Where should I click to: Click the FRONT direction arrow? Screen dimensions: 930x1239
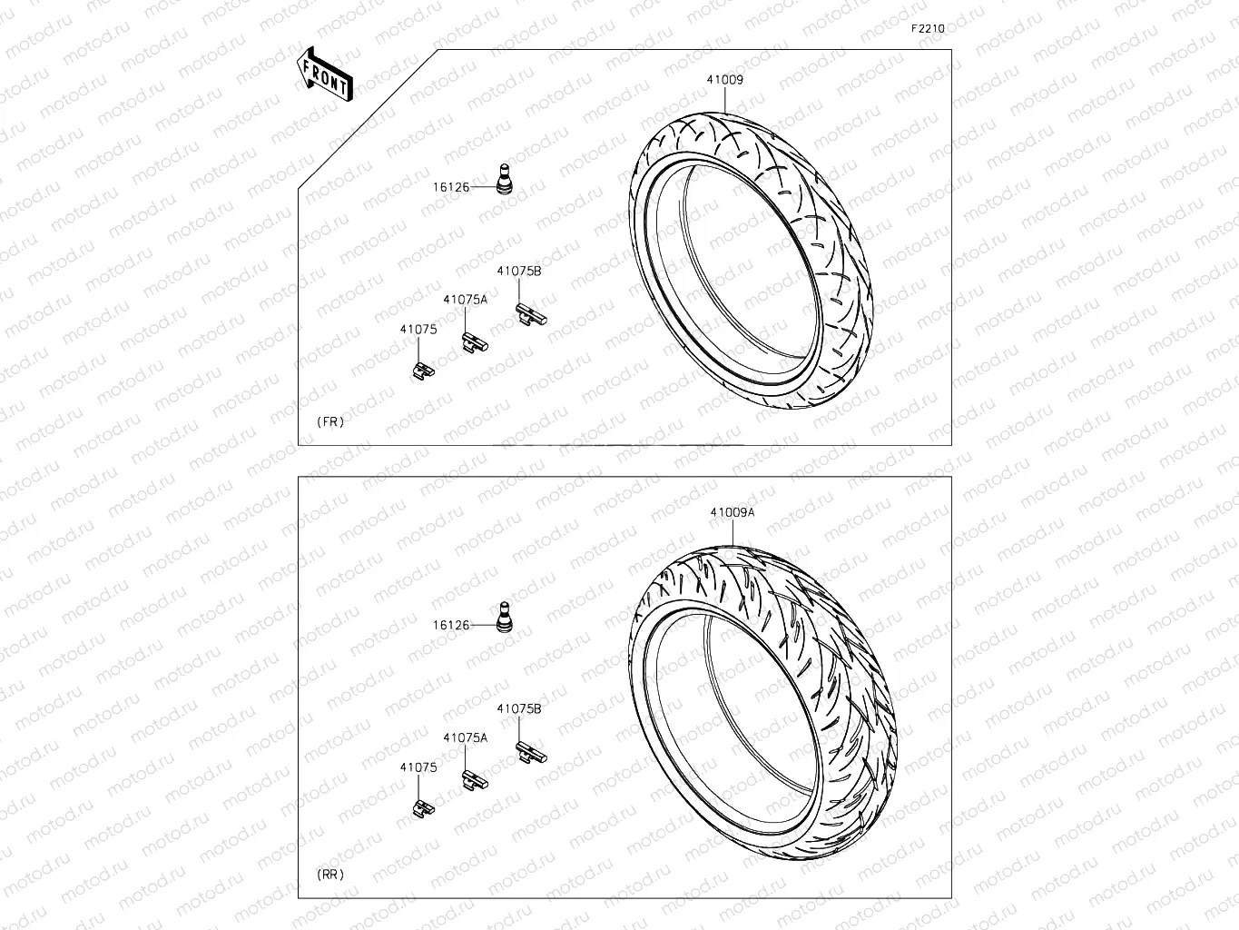tap(324, 74)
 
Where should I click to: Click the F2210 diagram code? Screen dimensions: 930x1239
tap(928, 28)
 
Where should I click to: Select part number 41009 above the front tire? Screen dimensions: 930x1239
tap(725, 80)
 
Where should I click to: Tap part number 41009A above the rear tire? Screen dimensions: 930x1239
tap(733, 512)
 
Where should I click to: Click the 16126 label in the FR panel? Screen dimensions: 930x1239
tap(450, 187)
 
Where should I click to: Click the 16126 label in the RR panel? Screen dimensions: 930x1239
tap(450, 625)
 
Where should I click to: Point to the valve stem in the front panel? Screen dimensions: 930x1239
tap(502, 178)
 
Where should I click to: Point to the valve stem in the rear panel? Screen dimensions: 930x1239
tap(502, 615)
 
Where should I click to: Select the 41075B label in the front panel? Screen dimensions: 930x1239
tap(518, 271)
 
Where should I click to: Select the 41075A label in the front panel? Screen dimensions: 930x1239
tap(465, 299)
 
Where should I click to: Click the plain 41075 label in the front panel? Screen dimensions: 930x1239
tap(418, 330)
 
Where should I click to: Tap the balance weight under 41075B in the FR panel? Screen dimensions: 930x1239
tap(530, 313)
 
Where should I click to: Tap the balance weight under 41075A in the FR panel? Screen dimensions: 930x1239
tap(475, 342)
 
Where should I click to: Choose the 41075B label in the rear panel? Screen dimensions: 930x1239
tap(518, 708)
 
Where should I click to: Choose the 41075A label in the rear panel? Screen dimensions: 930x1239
tap(465, 738)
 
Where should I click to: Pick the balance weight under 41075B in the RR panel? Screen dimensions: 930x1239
tap(530, 751)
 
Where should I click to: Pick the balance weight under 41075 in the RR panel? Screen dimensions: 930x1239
tap(420, 807)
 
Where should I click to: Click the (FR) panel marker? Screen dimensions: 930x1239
tap(330, 422)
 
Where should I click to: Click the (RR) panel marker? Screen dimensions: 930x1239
tap(330, 875)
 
